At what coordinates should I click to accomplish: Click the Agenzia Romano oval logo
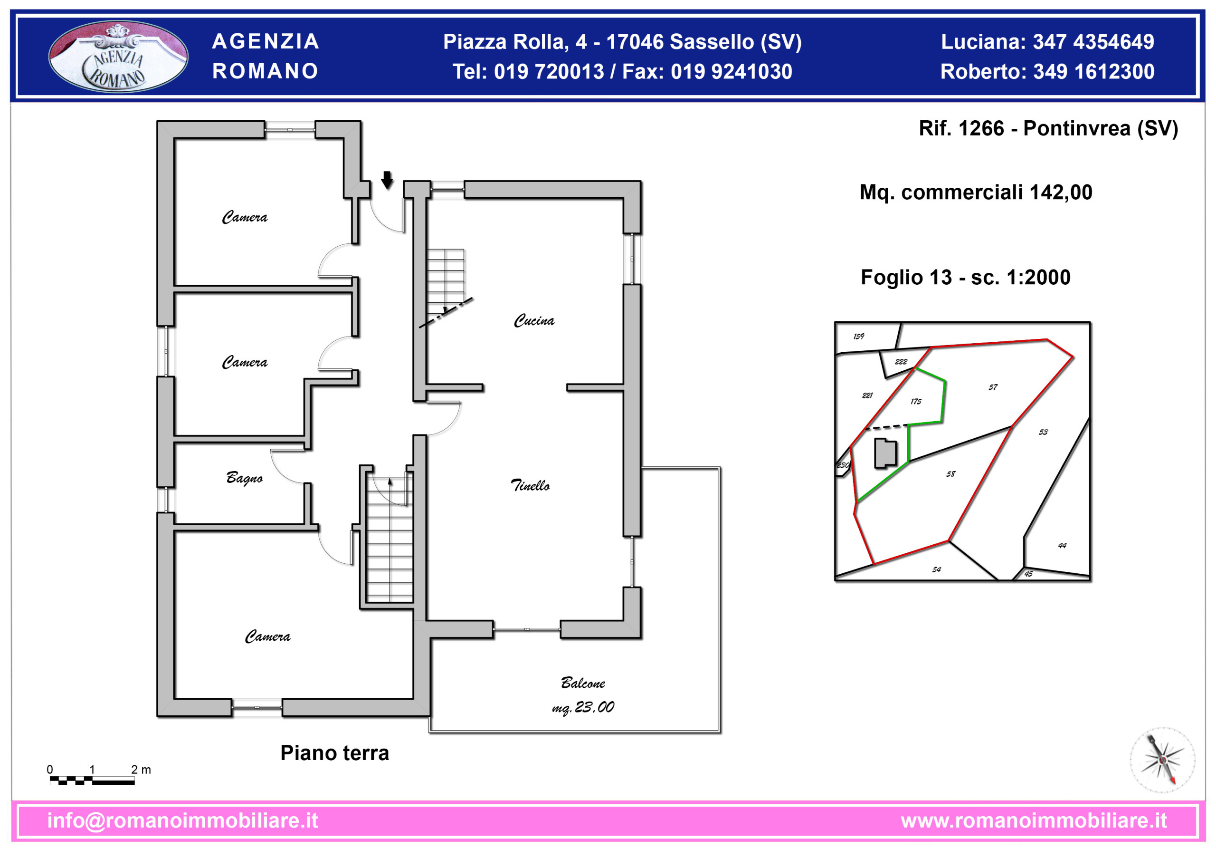click(x=118, y=56)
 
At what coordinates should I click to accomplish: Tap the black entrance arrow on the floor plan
click(x=387, y=180)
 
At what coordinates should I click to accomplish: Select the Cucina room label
click(x=534, y=320)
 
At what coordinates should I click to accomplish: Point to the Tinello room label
click(x=530, y=485)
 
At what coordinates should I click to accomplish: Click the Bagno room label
click(x=244, y=478)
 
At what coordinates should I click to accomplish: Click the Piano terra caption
click(x=335, y=753)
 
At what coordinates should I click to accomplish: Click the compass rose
click(x=1162, y=760)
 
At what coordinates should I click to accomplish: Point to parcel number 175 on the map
click(x=916, y=401)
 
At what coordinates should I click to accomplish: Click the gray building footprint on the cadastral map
click(x=885, y=453)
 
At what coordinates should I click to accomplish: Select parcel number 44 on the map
click(x=1062, y=545)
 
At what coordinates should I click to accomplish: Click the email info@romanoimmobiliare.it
click(x=183, y=820)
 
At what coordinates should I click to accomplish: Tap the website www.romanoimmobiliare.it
click(x=1034, y=820)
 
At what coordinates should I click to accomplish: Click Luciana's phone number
click(x=1093, y=42)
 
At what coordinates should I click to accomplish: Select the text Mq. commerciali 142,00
click(x=976, y=193)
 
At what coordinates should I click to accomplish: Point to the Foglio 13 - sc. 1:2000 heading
click(x=966, y=277)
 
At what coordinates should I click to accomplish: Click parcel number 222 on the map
click(x=901, y=361)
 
